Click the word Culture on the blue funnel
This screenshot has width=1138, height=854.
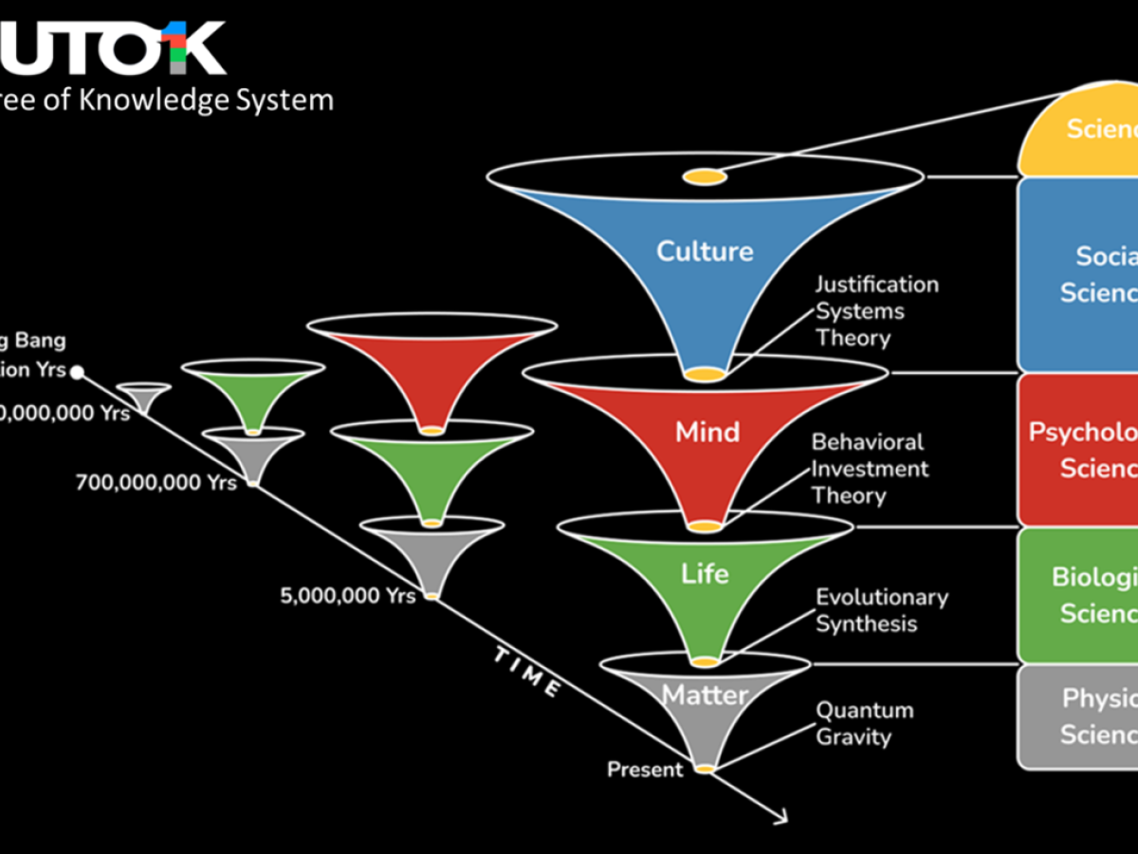coord(705,251)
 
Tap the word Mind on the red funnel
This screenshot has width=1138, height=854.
coord(707,433)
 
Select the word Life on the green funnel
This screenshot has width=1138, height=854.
coord(705,574)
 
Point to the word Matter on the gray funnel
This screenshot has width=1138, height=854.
coord(705,696)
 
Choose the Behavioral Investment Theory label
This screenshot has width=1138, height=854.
coord(869,469)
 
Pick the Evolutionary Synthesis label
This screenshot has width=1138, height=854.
coord(881,610)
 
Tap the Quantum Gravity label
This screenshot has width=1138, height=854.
coord(864,723)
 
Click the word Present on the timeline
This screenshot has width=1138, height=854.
coord(645,770)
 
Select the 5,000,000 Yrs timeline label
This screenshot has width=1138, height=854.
coord(347,597)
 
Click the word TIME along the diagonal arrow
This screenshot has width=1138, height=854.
coord(526,673)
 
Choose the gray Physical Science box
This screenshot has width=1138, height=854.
coord(1081,716)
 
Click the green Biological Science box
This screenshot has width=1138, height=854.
coord(1081,595)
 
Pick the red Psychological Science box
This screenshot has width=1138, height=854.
coord(1081,450)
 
